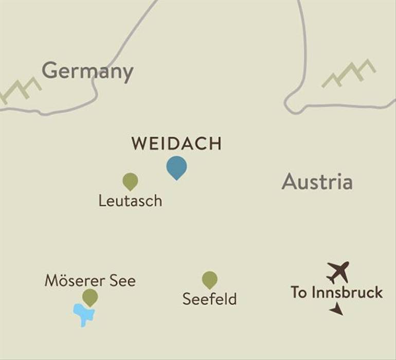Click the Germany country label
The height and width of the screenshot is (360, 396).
pyautogui.click(x=87, y=71)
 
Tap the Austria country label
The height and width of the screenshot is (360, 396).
pyautogui.click(x=317, y=182)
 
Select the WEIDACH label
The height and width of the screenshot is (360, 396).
pyautogui.click(x=176, y=144)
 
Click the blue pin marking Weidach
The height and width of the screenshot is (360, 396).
pyautogui.click(x=176, y=167)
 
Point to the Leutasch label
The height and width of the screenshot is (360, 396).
pyautogui.click(x=130, y=201)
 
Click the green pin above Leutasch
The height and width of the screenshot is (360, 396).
pyautogui.click(x=130, y=181)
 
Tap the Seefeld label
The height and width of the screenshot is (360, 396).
pyautogui.click(x=209, y=299)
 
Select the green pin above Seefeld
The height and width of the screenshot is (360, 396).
pyautogui.click(x=209, y=279)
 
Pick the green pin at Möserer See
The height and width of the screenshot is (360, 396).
pyautogui.click(x=90, y=296)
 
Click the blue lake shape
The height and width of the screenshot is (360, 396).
pyautogui.click(x=83, y=313)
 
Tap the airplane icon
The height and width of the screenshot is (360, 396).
pyautogui.click(x=338, y=272)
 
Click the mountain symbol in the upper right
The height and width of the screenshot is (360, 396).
pyautogui.click(x=348, y=74)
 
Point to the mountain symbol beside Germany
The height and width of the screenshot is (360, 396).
pyautogui.click(x=20, y=91)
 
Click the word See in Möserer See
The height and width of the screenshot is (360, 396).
pyautogui.click(x=123, y=281)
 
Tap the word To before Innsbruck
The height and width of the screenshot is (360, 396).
pyautogui.click(x=299, y=293)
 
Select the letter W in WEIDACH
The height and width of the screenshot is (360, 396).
pyautogui.click(x=139, y=144)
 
